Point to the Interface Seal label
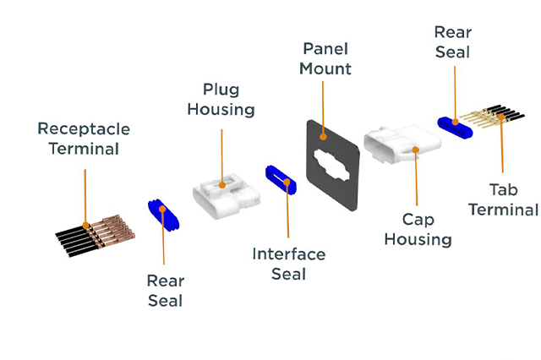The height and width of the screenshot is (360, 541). coord(288,264)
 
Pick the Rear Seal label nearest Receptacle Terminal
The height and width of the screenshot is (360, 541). coord(165,290)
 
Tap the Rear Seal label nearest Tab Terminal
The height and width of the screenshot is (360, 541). coord(453,42)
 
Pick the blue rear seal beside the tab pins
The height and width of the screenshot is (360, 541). coord(456,126)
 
